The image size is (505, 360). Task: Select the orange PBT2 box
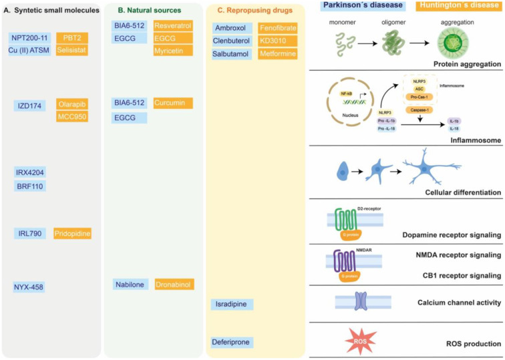point(73,37)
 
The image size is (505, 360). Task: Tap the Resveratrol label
point(173,25)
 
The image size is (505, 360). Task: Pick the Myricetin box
point(173,50)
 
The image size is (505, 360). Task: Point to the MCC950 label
point(73,117)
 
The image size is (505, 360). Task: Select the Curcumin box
point(173,103)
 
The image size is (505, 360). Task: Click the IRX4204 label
point(30,172)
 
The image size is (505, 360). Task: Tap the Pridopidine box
point(73,233)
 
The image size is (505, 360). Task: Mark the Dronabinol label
point(174,285)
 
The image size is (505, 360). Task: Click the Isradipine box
point(232,305)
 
